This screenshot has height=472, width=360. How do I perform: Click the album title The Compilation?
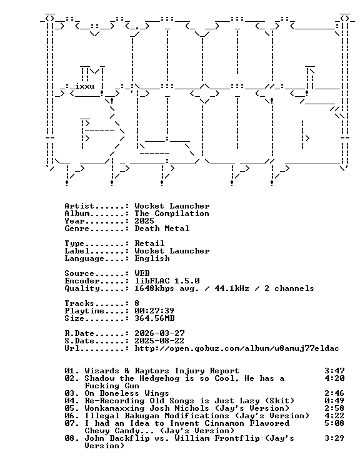[x=172, y=214]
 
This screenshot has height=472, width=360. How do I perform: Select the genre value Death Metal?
[x=162, y=229]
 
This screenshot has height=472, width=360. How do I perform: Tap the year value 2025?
[x=144, y=221]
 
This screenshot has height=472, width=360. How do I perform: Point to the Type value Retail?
[x=149, y=243]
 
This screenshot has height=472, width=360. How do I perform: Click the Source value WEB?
[x=142, y=273]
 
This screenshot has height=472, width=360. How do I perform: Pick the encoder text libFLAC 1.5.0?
[x=167, y=281]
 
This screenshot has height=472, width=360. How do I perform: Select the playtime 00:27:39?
[x=154, y=311]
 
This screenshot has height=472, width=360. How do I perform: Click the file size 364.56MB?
[x=154, y=318]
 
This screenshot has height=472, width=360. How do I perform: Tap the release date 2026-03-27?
[x=159, y=333]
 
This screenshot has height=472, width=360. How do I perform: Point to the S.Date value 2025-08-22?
[x=159, y=341]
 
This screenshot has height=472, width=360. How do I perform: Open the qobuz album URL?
[x=237, y=348]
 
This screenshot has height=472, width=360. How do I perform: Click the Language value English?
[x=152, y=258]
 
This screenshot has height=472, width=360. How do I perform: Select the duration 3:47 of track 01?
[x=334, y=371]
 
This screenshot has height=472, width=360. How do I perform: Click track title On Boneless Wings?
[x=127, y=393]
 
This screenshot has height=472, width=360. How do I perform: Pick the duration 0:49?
[x=334, y=401]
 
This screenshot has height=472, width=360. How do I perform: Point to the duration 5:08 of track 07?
[x=334, y=423]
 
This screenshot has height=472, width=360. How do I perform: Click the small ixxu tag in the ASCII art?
[x=84, y=86]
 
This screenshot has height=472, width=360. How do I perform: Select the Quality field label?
[x=82, y=288]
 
